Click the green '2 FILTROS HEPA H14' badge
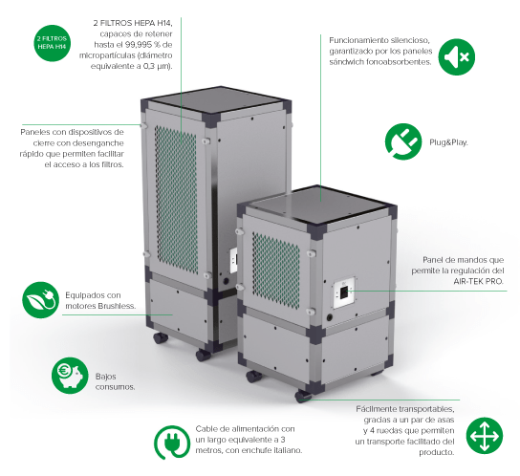coord(52,43)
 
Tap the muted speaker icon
coord(457,56)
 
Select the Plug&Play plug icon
coord(403,141)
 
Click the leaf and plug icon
coord(40,300)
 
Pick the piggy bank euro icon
coord(70,376)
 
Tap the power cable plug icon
coord(172,443)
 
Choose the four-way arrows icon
coord(485,436)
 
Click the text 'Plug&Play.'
coord(448,142)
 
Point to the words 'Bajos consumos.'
coord(115,381)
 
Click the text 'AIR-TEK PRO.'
coord(479,281)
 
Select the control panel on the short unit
coord(344,292)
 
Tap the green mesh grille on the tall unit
coord(176,199)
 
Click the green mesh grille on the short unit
coord(276,270)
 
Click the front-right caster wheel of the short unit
coord(302,396)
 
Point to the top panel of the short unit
coord(317,205)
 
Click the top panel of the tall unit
coord(215,100)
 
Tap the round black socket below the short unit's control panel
coord(330,317)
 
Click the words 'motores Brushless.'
coord(100,306)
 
